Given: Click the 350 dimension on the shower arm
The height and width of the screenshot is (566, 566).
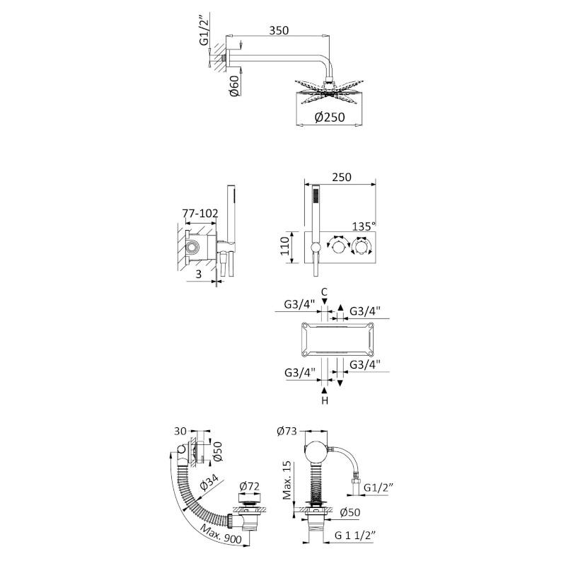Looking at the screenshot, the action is [279, 30].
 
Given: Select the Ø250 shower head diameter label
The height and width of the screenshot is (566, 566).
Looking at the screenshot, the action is [330, 117].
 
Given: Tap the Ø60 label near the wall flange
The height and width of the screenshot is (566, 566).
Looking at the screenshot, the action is [236, 86].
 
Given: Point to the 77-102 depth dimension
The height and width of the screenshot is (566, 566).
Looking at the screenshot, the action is [200, 214].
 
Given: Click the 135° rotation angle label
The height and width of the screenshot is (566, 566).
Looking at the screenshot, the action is [364, 226].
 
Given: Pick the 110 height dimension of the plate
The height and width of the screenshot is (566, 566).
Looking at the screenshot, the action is [286, 246].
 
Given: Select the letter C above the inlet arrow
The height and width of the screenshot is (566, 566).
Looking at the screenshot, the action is [325, 291].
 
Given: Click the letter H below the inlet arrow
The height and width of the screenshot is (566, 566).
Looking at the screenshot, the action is [325, 400].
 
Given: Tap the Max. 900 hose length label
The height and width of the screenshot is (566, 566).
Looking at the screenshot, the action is [221, 531].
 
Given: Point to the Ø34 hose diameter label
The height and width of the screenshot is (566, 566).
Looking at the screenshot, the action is [209, 482].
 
